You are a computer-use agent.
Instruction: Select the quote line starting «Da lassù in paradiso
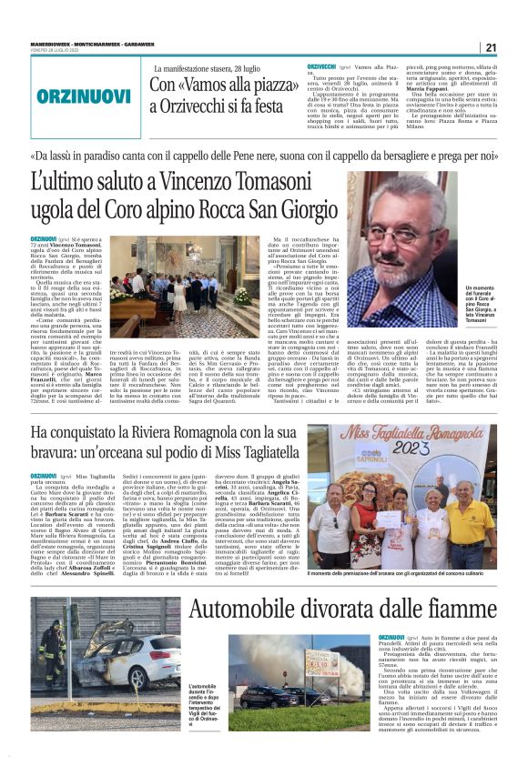coord(264,155)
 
